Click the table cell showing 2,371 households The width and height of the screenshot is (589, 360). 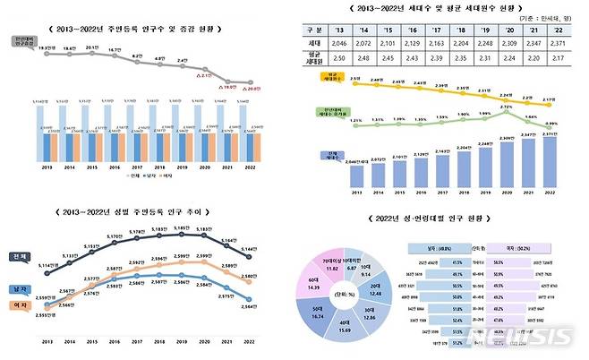[559, 42]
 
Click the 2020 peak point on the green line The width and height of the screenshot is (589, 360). [506, 111]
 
